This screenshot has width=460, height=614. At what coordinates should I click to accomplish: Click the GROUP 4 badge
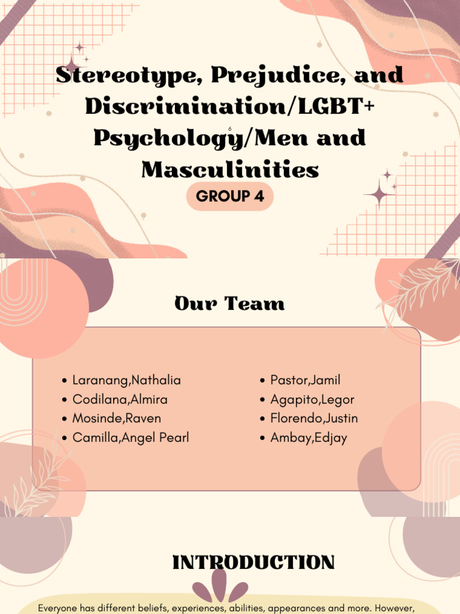point(230,197)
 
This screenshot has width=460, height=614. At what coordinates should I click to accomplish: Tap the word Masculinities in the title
point(230,170)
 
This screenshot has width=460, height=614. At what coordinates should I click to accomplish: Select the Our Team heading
point(229,304)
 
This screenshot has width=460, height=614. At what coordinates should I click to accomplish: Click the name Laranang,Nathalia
point(126,380)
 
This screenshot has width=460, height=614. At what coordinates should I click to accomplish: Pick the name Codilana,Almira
point(120,399)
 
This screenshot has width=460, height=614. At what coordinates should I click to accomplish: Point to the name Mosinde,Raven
point(116,419)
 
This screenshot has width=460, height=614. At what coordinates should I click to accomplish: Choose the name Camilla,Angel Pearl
point(131,438)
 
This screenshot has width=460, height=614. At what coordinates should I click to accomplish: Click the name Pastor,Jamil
point(305,380)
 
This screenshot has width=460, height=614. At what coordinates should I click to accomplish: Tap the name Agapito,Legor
point(312,399)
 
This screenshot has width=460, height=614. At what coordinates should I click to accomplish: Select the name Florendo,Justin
point(314,419)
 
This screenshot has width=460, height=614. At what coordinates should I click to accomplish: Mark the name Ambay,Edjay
point(308,438)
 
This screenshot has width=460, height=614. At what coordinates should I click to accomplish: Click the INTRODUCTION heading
point(253,563)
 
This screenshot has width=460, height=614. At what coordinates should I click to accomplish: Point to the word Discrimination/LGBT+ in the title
point(230,107)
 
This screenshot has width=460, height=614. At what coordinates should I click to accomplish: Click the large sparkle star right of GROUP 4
point(379,193)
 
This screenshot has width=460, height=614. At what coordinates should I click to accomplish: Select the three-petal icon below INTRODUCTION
point(220,587)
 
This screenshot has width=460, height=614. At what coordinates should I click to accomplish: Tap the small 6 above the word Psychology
point(229,128)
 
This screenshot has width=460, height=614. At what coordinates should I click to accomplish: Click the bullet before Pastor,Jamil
point(262,381)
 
